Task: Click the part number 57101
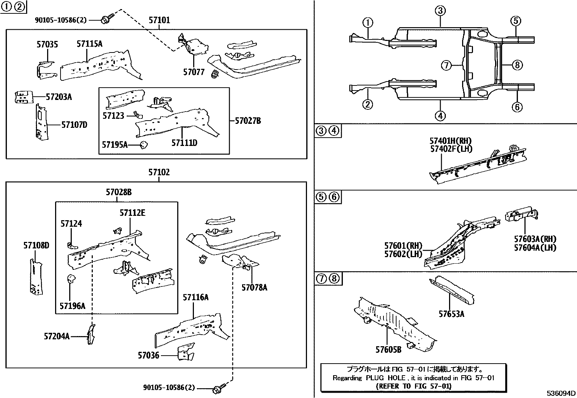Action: pyautogui.click(x=159, y=20)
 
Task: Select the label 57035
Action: pyautogui.click(x=47, y=44)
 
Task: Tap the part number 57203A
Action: pyautogui.click(x=59, y=97)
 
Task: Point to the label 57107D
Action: pyautogui.click(x=74, y=125)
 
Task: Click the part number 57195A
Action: pyautogui.click(x=115, y=145)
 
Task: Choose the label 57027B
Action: pyautogui.click(x=248, y=121)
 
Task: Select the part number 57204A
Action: pyautogui.click(x=57, y=336)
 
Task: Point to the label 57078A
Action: pyautogui.click(x=254, y=287)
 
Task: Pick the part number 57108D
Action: pyautogui.click(x=36, y=245)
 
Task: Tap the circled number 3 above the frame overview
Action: pyautogui.click(x=440, y=11)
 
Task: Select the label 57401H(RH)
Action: pyautogui.click(x=451, y=141)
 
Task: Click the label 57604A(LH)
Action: pyautogui.click(x=535, y=248)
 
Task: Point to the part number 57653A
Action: pyautogui.click(x=451, y=314)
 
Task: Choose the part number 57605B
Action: pyautogui.click(x=389, y=349)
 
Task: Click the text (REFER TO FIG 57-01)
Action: pyautogui.click(x=414, y=386)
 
